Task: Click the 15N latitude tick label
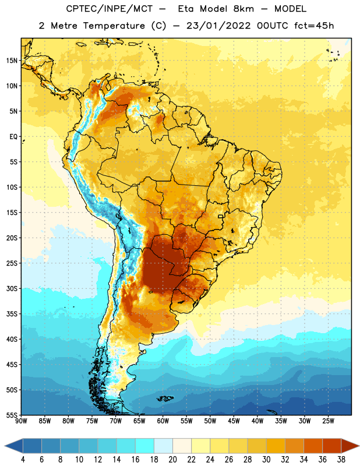pos(12,61)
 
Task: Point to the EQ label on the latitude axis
pos(13,137)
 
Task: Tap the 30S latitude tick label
pos(12,288)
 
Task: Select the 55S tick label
pos(12,415)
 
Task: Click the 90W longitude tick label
pos(21,421)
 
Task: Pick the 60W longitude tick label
pos(163,421)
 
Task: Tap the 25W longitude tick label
pos(328,421)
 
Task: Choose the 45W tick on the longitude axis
pos(234,421)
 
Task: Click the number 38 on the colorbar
pos(341,460)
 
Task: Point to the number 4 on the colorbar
pos(23,460)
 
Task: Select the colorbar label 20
pos(172,460)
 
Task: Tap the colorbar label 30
pos(266,460)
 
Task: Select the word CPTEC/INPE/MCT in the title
pos(110,9)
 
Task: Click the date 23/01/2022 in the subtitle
pos(218,26)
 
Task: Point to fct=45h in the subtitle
pos(314,26)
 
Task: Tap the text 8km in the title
pos(243,9)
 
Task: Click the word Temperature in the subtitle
pos(114,26)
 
